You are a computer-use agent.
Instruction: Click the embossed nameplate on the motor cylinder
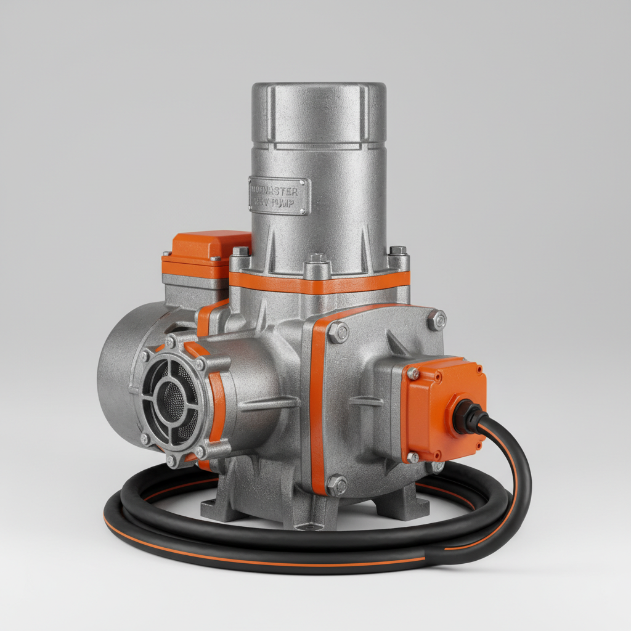[278, 196]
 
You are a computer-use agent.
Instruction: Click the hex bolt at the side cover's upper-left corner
[338, 333]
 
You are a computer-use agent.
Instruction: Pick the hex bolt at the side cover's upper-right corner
[437, 320]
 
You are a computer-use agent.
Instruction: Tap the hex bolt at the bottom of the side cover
[336, 485]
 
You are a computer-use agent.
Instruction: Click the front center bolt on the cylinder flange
[317, 259]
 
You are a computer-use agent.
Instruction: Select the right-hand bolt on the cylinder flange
[398, 251]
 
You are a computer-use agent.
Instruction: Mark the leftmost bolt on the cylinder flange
[240, 251]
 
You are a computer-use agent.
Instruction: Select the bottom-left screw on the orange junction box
[413, 457]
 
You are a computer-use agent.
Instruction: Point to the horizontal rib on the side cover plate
[367, 401]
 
